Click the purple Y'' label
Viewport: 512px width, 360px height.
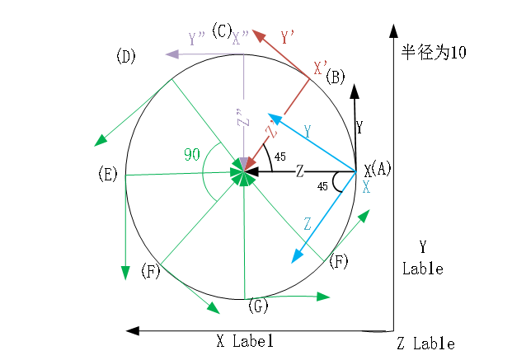196,39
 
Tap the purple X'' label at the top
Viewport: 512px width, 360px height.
241,38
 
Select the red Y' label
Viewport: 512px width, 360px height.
288,37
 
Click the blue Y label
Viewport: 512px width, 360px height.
307,131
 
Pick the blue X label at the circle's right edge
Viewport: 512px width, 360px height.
366,187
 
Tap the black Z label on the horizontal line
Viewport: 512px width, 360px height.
300,171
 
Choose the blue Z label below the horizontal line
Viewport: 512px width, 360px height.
307,224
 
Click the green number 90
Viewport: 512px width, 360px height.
192,154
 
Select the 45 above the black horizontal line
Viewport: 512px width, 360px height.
280,156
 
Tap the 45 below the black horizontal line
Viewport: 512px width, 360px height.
322,187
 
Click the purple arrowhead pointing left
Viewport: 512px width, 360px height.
173,54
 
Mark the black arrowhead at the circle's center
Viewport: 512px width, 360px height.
251,171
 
